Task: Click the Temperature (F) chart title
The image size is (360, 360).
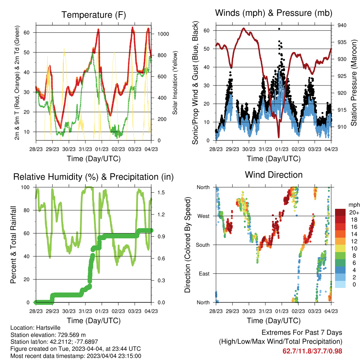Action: point(94,15)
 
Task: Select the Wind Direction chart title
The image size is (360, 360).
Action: point(274,175)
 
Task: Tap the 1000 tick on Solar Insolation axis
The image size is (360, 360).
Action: point(163,34)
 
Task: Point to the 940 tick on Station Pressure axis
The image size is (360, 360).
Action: point(342,25)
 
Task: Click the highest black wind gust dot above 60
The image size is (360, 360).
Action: point(279,29)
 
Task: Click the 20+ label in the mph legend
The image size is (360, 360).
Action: point(354,212)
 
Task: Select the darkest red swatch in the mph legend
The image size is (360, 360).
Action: point(340,212)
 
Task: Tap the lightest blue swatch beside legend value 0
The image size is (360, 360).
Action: point(340,284)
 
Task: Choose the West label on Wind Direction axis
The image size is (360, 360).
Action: point(204,216)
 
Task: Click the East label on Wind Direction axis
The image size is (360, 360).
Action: point(204,274)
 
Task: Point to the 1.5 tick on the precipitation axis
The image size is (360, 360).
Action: point(161,193)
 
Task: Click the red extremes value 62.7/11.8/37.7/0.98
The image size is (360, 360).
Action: point(312,351)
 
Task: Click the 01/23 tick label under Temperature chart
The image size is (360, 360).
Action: point(102,149)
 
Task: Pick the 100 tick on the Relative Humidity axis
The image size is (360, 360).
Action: point(25,187)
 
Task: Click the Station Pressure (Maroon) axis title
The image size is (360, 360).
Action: point(354,83)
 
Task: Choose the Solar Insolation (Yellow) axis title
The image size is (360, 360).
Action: point(175,83)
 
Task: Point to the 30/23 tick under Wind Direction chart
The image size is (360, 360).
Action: point(249,311)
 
